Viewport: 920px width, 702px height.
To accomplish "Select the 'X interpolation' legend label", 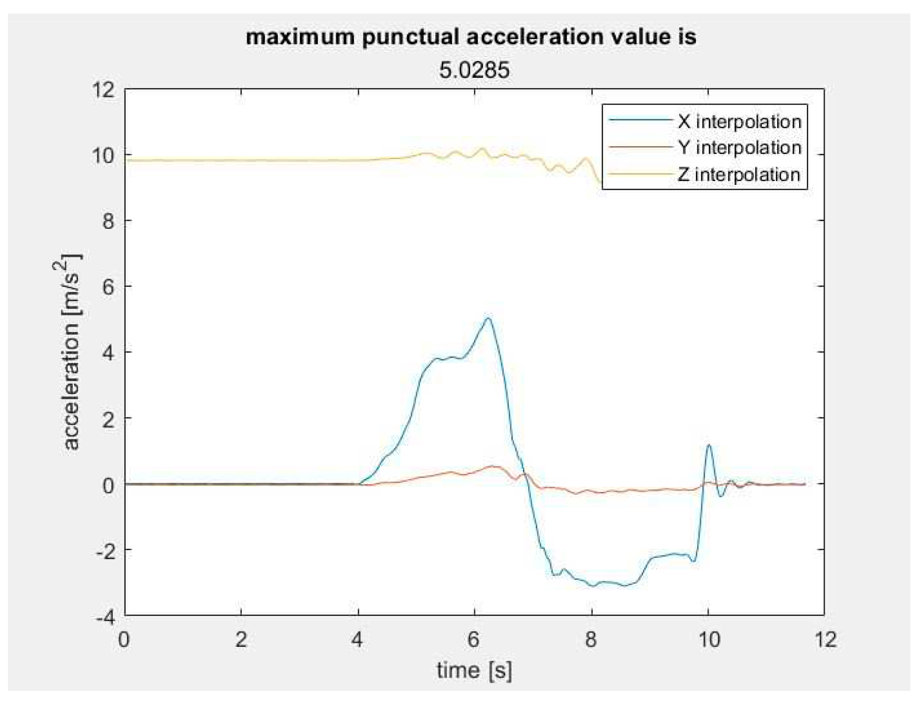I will tap(739, 122).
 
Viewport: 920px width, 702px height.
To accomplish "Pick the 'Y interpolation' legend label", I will tap(739, 148).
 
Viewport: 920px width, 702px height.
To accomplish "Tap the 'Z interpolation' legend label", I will tap(738, 174).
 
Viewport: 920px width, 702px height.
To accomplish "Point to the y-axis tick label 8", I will tap(108, 220).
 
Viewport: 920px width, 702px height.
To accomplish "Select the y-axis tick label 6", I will tap(108, 286).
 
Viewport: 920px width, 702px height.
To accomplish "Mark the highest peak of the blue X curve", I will tap(488, 318).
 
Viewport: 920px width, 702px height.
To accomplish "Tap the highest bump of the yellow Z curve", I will tap(483, 148).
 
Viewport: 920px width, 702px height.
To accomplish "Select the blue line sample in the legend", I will tap(639, 120).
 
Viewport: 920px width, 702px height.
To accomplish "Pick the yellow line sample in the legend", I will tap(639, 174).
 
